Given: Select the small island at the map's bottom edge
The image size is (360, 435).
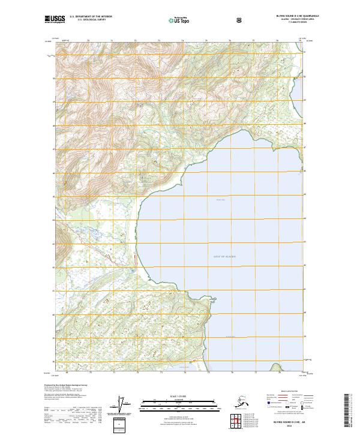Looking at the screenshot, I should pos(277,367).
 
